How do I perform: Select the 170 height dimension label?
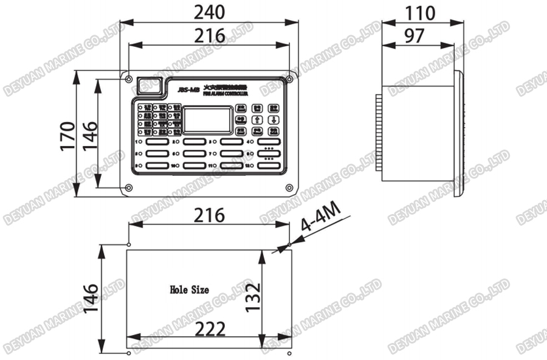[67, 135]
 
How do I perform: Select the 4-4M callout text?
[322, 223]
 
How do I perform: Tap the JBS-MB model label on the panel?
[189, 89]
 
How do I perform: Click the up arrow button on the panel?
[257, 119]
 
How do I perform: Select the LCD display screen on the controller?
[208, 120]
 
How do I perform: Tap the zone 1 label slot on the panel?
[156, 141]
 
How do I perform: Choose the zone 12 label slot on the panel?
[268, 165]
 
